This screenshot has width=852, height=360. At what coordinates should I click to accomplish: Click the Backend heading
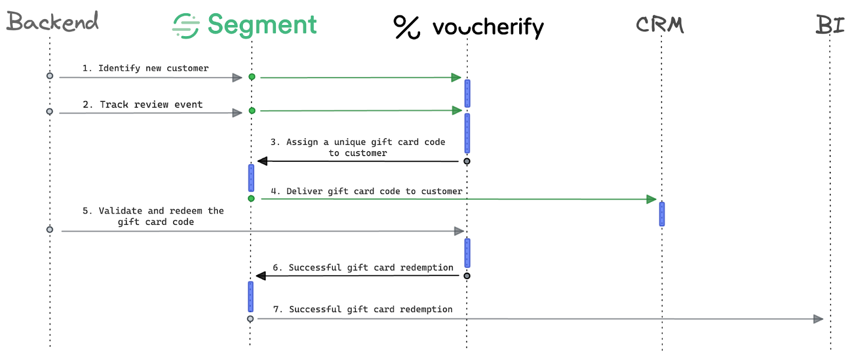[52, 22]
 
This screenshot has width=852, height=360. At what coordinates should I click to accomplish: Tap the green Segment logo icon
[186, 26]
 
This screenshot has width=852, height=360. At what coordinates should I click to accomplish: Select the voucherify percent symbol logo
[407, 27]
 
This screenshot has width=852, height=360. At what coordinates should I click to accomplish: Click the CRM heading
[660, 24]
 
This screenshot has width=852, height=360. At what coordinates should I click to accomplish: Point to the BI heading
[830, 24]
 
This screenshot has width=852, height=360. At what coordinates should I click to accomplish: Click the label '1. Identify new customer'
[145, 68]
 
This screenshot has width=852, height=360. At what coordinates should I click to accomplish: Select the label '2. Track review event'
[143, 104]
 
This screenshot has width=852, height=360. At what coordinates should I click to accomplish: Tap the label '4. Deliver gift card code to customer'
[366, 191]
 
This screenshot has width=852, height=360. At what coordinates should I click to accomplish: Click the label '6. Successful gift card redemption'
[363, 267]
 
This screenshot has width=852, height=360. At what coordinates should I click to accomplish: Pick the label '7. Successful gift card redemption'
[363, 309]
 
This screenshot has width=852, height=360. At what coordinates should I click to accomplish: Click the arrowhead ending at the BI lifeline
[818, 319]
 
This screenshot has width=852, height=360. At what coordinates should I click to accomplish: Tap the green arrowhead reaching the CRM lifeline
[651, 199]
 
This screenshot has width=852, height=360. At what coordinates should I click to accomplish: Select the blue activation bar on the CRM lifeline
[662, 214]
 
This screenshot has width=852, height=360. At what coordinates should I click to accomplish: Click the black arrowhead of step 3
[263, 161]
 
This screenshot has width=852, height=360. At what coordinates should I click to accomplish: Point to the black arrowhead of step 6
[261, 276]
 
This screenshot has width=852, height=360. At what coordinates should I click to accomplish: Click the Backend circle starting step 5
[50, 230]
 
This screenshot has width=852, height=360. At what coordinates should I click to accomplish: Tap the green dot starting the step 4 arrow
[251, 199]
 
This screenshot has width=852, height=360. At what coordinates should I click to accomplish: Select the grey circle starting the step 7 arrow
[250, 319]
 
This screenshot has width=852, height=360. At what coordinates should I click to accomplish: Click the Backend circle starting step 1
[50, 76]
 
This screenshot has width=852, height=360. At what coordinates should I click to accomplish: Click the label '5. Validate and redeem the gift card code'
[153, 216]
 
